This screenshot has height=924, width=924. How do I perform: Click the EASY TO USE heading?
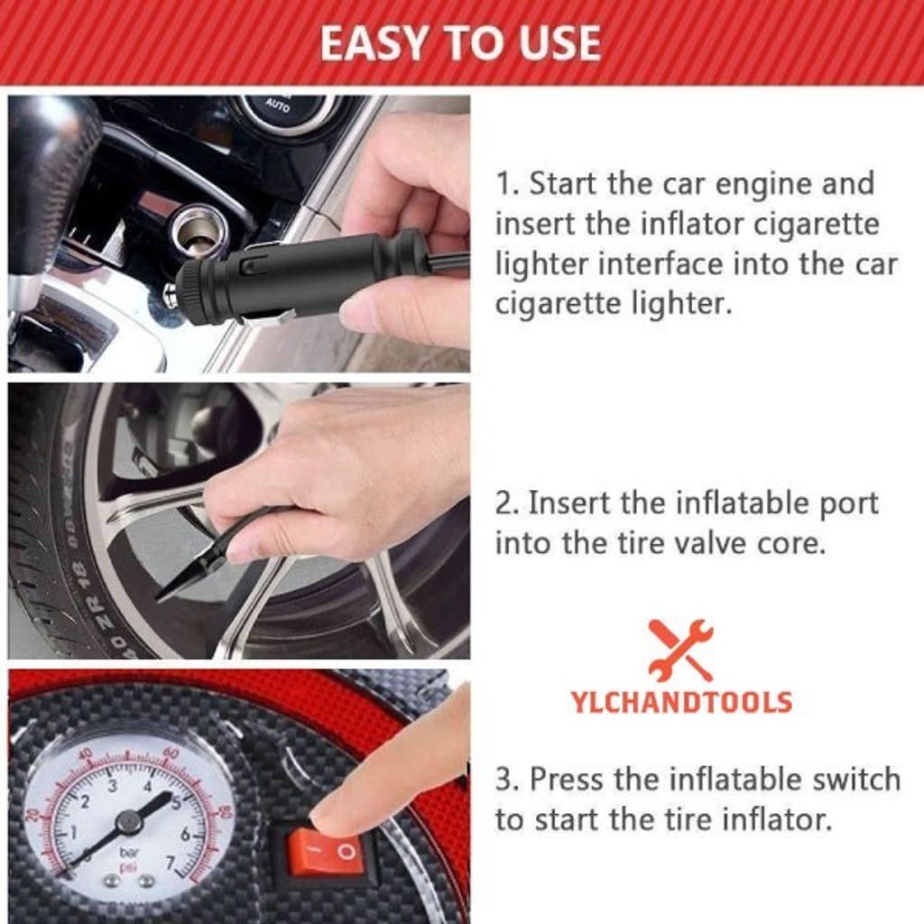tap(460, 43)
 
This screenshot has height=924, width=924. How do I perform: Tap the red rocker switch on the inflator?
tap(325, 852)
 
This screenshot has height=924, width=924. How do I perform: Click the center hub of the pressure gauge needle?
tap(128, 821)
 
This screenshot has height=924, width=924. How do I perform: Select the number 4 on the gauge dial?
tap(147, 786)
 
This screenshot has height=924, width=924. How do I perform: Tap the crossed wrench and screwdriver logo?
tap(680, 650)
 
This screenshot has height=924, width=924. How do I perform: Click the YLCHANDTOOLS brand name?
tap(680, 702)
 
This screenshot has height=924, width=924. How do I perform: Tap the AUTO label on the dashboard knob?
tap(278, 106)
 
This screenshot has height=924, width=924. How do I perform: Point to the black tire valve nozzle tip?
tap(158, 599)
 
